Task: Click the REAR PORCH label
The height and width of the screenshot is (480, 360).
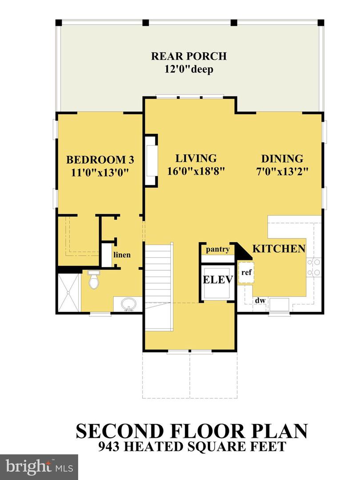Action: pos(189,56)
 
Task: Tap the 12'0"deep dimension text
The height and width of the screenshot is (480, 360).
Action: pos(189,70)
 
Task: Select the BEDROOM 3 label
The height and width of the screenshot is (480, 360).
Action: pos(100,160)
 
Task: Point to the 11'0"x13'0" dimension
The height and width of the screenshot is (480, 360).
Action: pos(100,173)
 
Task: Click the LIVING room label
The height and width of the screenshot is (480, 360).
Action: pos(196,158)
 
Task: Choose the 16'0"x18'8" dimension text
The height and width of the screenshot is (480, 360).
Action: pos(196,172)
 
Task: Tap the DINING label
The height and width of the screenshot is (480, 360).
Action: pos(282,159)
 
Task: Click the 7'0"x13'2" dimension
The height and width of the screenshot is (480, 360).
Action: pos(282,172)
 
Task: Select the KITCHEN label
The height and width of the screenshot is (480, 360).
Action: pos(279,248)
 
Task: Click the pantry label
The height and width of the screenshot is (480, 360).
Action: pos(217,249)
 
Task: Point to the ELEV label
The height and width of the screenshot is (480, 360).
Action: pos(218,280)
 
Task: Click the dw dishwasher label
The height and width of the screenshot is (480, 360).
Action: pos(260,301)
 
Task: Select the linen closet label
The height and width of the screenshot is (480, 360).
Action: pos(121,255)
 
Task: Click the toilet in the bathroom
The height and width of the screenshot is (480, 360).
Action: pos(93,280)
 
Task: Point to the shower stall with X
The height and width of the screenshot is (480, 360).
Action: pos(68,292)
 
